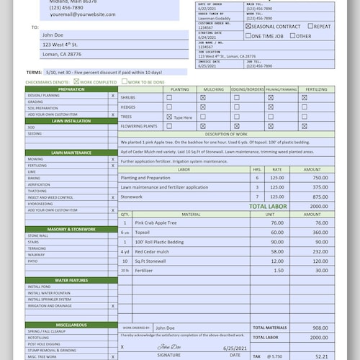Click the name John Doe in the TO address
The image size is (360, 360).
[x=54, y=34]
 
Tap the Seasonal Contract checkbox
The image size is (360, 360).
[x=249, y=27]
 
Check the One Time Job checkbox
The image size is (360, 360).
[x=249, y=36]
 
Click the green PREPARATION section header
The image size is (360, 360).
[x=71, y=89]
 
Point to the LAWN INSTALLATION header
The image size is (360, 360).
[x=71, y=121]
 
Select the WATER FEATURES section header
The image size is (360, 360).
[x=71, y=280]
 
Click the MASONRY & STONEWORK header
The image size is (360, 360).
[x=71, y=229]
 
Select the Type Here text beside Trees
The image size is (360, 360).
[x=184, y=117]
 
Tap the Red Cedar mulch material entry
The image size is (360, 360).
[x=153, y=251]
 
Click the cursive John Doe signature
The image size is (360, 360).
[x=170, y=346]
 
